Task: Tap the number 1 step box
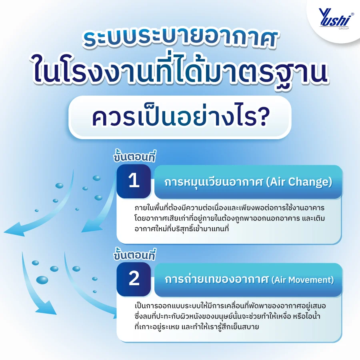[x=134, y=181]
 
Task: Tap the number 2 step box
[x=134, y=279]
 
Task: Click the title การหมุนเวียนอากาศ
[x=214, y=182]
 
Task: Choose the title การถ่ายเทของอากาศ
[x=216, y=280]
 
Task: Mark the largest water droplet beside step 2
[x=42, y=280]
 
